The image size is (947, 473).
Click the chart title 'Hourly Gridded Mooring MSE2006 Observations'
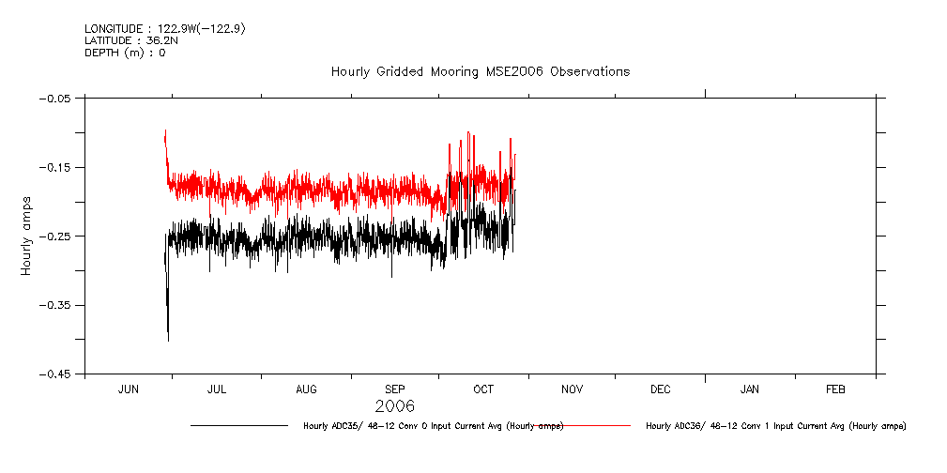[480, 72]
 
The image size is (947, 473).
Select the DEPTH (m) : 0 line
[124, 53]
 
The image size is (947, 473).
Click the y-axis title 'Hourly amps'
[28, 236]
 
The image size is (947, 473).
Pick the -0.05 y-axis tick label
[59, 98]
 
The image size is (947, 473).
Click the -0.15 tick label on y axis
[59, 167]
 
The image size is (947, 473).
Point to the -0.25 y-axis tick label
[59, 236]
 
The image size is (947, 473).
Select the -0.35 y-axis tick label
[59, 305]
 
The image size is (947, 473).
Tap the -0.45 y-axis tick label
[59, 374]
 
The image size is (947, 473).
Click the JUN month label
[129, 389]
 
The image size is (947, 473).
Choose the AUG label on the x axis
[306, 389]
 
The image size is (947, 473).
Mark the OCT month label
[483, 389]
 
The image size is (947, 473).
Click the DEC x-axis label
[660, 389]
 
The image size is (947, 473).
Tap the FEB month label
[835, 389]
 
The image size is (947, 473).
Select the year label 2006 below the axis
[394, 407]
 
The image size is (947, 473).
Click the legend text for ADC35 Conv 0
[433, 426]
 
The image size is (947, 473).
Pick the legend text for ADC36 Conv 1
[775, 426]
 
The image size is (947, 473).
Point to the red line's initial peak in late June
[165, 132]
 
